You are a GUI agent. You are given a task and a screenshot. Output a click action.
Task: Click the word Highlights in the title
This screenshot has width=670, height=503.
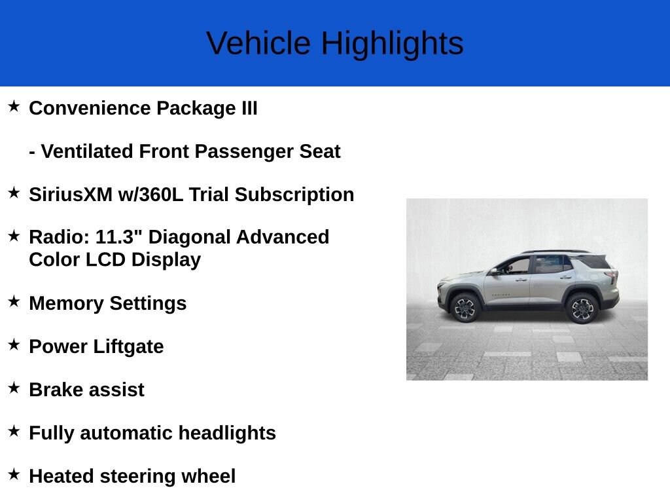pyautogui.click(x=393, y=44)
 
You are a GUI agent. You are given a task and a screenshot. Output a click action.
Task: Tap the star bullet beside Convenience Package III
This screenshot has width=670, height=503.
pyautogui.click(x=14, y=106)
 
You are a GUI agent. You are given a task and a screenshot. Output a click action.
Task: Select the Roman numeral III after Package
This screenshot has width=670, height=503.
pyautogui.click(x=249, y=108)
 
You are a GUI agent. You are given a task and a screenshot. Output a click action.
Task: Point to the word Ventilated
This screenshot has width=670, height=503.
pyautogui.click(x=87, y=151)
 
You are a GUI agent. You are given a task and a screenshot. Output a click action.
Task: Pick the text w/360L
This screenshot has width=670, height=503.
pyautogui.click(x=150, y=195)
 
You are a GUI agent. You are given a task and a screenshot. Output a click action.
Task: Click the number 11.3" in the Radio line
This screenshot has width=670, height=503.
pyautogui.click(x=118, y=236)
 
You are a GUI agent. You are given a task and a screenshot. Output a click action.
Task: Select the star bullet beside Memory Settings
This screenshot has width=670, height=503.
pyautogui.click(x=14, y=301)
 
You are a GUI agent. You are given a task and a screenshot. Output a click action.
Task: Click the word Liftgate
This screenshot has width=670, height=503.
pyautogui.click(x=128, y=347)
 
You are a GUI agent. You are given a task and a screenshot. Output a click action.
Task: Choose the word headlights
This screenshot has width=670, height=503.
pyautogui.click(x=227, y=434)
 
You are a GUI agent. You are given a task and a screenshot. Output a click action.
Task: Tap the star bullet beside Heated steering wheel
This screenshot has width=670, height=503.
pyautogui.click(x=14, y=474)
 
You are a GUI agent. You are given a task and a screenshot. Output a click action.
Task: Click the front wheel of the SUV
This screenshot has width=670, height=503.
pyautogui.click(x=465, y=308)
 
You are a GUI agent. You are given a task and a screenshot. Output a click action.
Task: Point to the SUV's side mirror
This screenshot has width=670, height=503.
pyautogui.click(x=494, y=271)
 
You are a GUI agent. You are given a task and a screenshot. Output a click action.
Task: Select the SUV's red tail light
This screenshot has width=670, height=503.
pyautogui.click(x=612, y=276)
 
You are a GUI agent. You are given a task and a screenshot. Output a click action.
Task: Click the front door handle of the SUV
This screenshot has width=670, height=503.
pyautogui.click(x=521, y=280)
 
